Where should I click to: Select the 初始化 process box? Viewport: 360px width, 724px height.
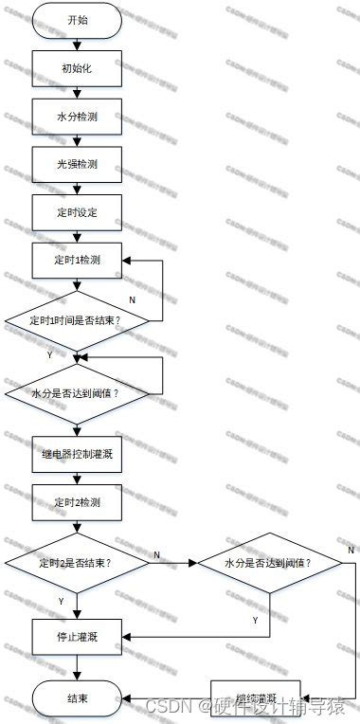(x=78, y=68)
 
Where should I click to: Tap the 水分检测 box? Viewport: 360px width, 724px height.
(x=78, y=118)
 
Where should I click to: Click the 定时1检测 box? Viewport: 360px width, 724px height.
(x=78, y=260)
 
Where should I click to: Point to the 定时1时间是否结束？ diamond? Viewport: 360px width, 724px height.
(x=78, y=319)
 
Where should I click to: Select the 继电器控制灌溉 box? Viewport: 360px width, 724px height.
(x=78, y=452)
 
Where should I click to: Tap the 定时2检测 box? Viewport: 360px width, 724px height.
(x=78, y=501)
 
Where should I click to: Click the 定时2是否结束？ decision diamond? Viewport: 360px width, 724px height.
(x=78, y=563)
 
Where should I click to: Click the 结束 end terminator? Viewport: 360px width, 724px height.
(x=78, y=699)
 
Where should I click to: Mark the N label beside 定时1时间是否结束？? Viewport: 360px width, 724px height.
(x=132, y=299)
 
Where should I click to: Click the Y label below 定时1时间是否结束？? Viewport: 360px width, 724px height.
(x=49, y=355)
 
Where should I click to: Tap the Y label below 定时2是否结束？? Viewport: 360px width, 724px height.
(x=61, y=601)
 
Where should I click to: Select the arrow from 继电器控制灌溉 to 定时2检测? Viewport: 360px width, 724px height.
(x=78, y=477)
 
